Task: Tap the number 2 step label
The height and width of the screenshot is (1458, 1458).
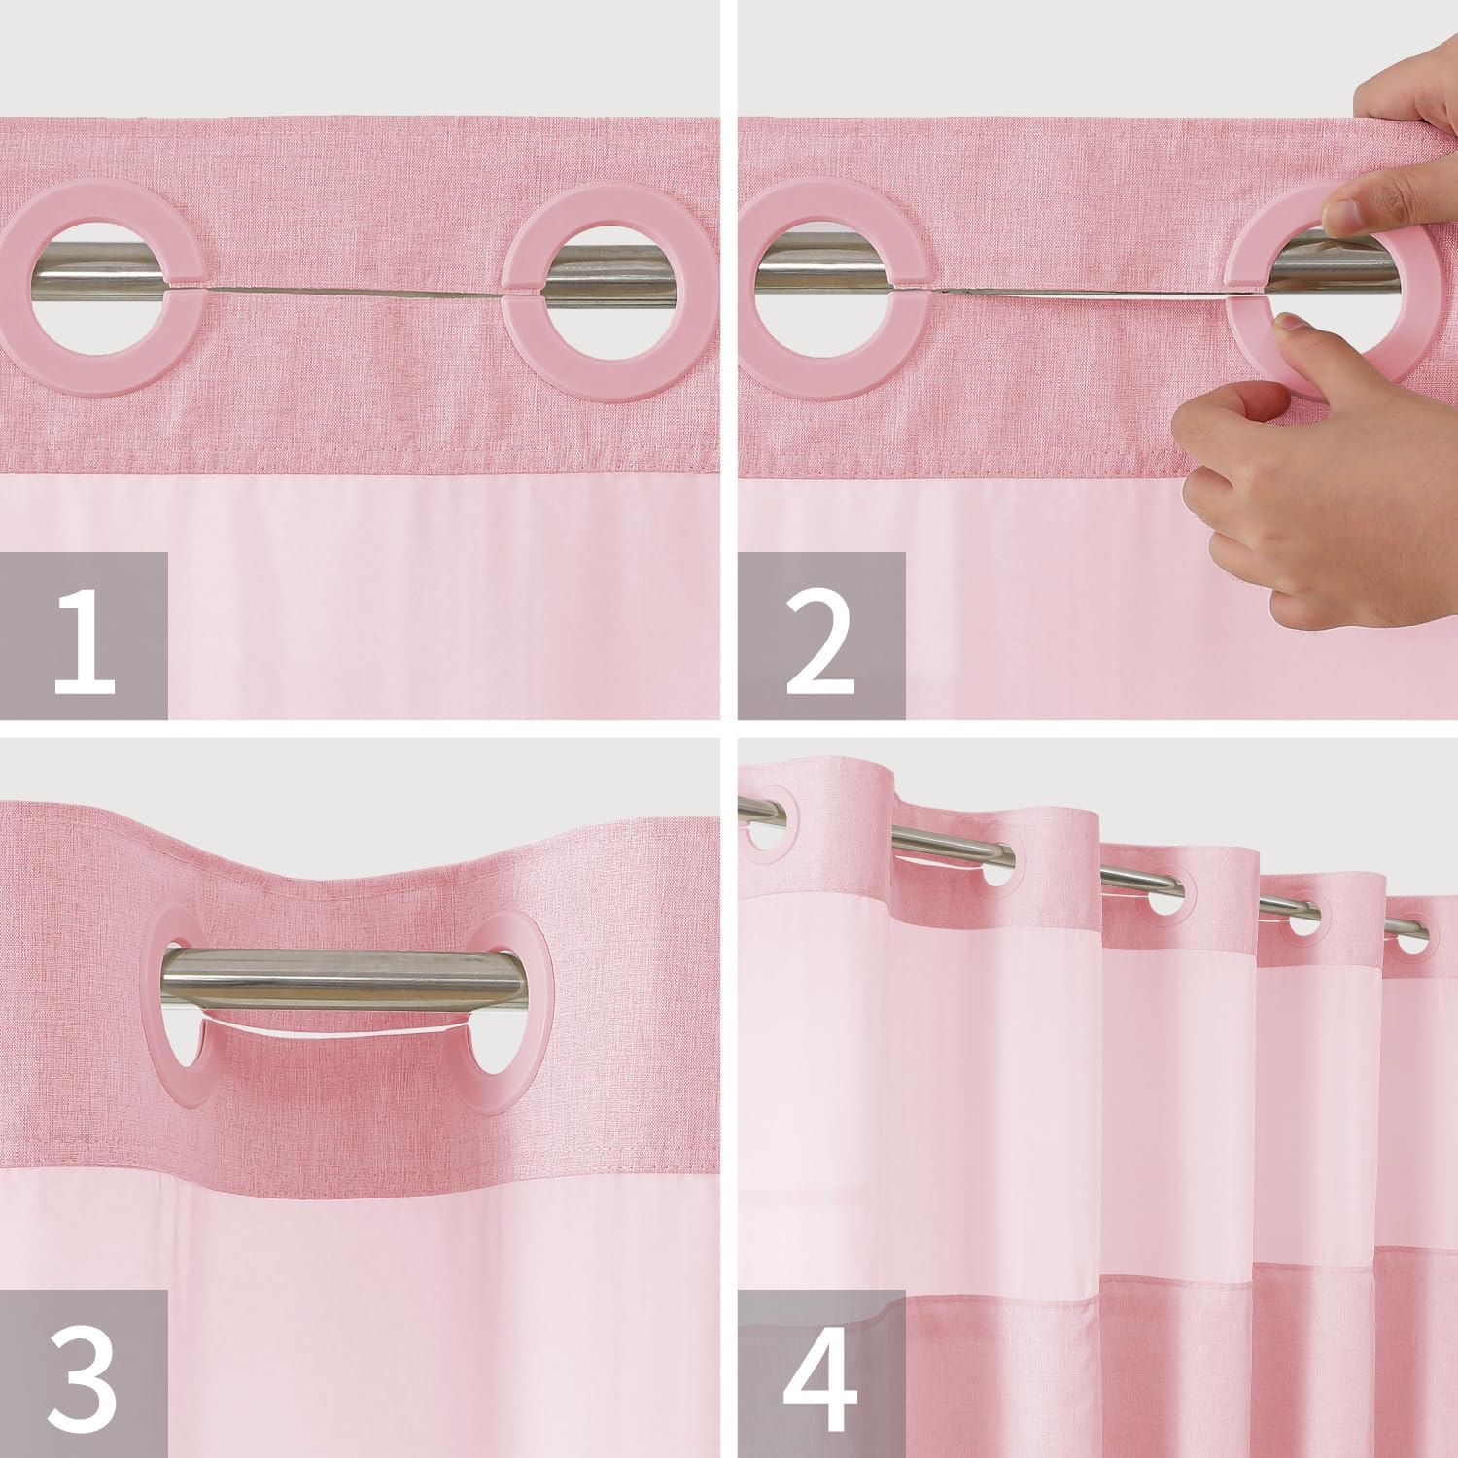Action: [x=821, y=636]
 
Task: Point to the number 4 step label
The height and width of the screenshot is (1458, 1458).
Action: [x=821, y=1372]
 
